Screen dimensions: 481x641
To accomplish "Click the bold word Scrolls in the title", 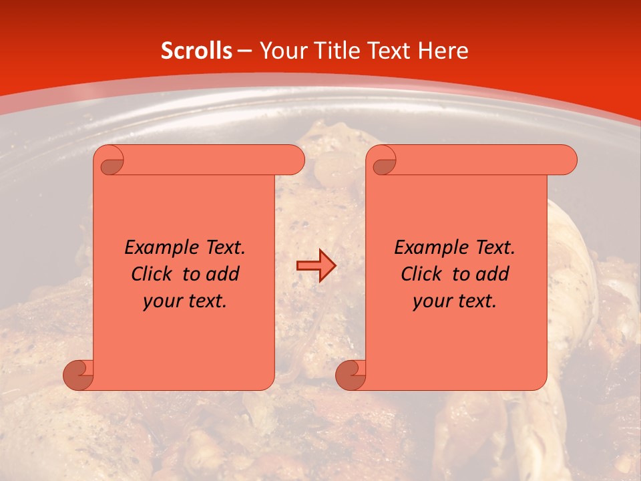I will (x=196, y=51).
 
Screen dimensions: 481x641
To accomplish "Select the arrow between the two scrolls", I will (x=316, y=266).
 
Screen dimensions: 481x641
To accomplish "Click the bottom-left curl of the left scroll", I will (x=79, y=375).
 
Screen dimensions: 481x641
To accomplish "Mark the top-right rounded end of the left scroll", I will (x=294, y=160).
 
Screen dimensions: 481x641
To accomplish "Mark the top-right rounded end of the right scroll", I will (x=566, y=160).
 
